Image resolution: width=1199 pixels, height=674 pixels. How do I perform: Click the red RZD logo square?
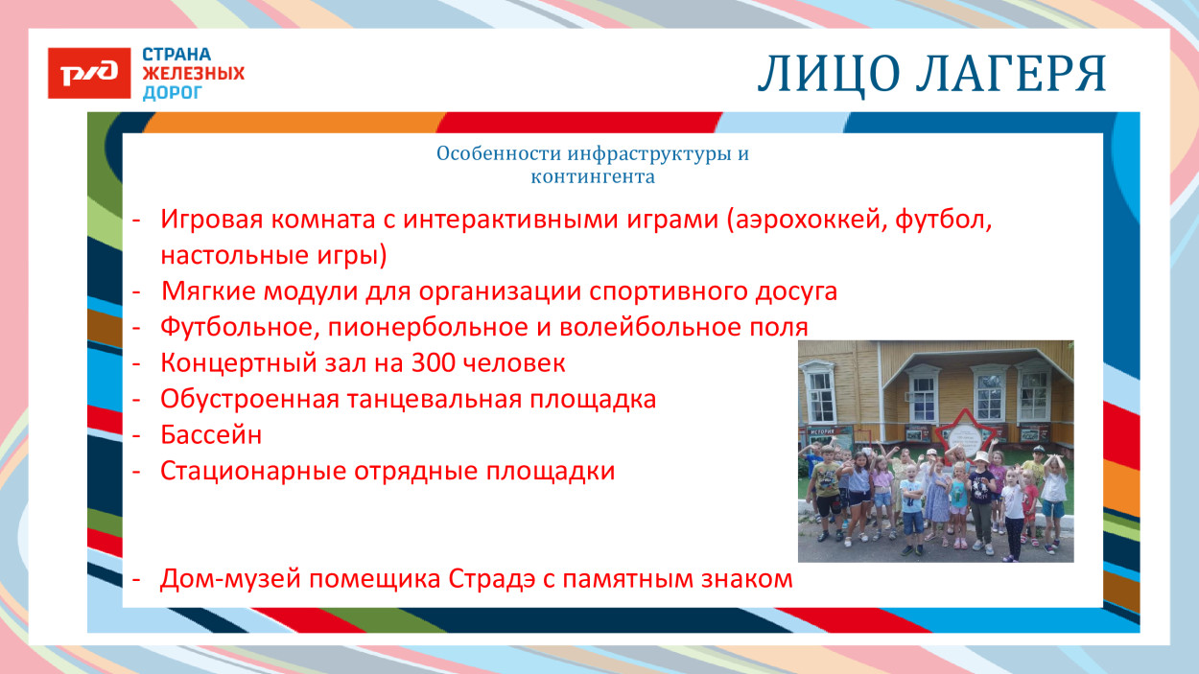pos(89,73)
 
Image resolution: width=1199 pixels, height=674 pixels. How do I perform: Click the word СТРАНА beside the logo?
pos(176,55)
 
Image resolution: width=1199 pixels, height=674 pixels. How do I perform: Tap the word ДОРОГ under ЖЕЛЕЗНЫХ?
pos(173,93)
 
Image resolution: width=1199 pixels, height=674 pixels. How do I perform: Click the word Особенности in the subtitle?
pos(497,154)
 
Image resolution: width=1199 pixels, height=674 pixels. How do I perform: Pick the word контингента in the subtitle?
pos(592,176)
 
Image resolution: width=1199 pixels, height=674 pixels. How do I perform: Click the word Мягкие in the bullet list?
pos(202,291)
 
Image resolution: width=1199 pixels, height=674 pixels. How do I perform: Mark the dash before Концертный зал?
pos(138,363)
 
